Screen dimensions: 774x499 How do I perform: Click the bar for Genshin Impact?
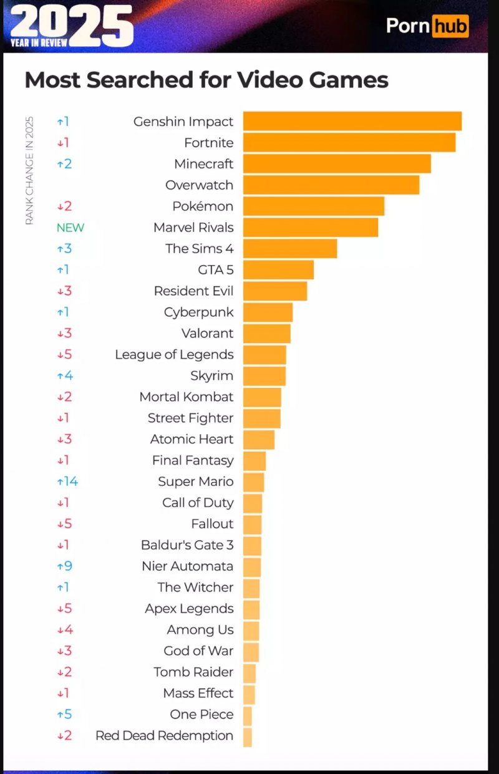(352, 121)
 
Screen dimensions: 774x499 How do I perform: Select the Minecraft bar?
(337, 163)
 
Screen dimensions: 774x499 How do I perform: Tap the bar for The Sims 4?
(289, 248)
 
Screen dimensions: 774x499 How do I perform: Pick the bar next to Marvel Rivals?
(310, 227)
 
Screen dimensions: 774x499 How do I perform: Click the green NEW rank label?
(70, 228)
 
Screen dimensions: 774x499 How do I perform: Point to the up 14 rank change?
(67, 481)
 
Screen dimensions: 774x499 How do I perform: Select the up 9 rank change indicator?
(64, 566)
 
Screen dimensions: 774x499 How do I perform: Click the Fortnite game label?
(208, 143)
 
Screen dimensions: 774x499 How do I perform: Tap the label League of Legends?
(174, 354)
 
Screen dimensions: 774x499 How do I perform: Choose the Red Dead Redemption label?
(164, 736)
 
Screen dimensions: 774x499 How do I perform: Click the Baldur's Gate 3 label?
(187, 545)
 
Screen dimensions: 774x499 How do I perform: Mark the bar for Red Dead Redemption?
(248, 737)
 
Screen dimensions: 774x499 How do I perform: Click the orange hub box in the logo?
(450, 26)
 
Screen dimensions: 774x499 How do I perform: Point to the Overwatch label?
(199, 185)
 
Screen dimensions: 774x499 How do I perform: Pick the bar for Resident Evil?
(274, 291)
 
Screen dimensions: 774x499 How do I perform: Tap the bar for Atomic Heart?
(258, 439)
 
